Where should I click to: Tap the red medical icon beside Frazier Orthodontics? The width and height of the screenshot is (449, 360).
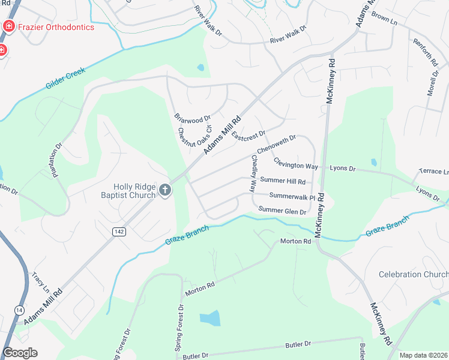pos(8,26)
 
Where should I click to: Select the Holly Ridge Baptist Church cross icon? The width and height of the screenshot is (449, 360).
pos(165,191)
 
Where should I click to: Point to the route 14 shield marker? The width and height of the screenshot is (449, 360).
pos(19,310)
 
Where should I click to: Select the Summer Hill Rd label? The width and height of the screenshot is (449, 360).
pos(283,181)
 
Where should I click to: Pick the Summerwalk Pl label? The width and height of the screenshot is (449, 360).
pos(292,196)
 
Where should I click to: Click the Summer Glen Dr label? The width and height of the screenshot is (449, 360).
pos(282,209)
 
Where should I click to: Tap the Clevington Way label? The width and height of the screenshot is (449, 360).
pos(296,163)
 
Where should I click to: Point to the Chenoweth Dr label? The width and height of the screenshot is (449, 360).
pos(277,143)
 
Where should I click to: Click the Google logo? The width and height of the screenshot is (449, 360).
pos(20,353)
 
